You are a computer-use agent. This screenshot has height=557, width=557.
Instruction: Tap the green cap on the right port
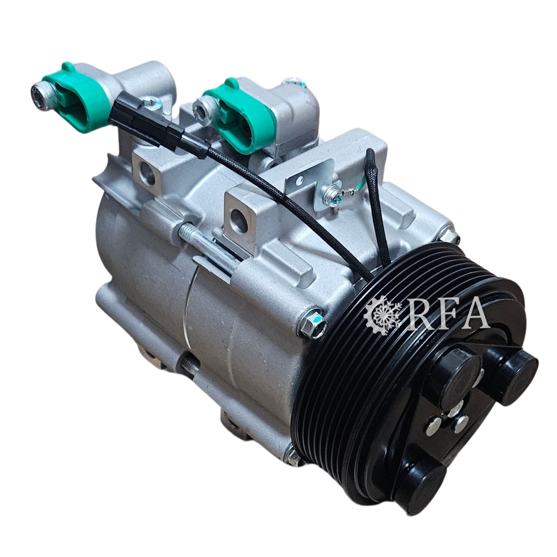click(241, 113)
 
